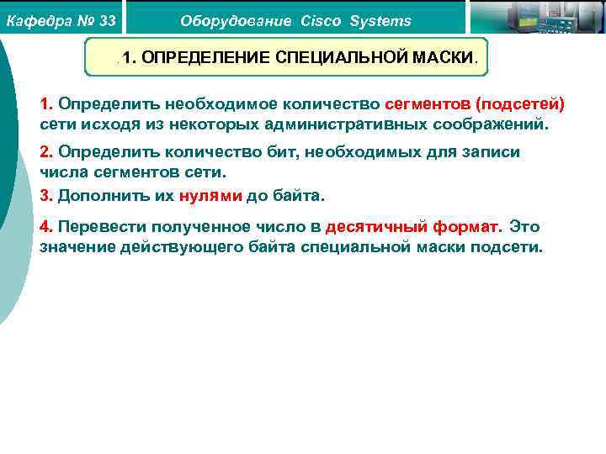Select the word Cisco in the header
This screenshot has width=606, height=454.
click(321, 21)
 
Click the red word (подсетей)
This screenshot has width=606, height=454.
click(520, 105)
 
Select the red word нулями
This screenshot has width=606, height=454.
click(210, 195)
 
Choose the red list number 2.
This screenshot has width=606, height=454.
click(45, 152)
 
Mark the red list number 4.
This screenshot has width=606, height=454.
click(45, 227)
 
